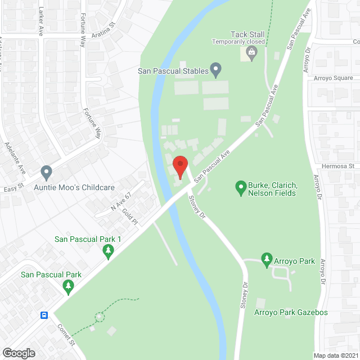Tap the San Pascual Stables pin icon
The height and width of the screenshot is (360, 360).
pos(215,70)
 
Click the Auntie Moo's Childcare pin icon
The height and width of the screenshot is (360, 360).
pos(46,172)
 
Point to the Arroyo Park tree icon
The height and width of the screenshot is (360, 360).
pos(267,259)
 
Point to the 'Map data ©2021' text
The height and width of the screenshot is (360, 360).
pos(335,355)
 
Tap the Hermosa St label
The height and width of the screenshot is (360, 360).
pos(337,166)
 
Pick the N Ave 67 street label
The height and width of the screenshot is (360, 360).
pos(120,204)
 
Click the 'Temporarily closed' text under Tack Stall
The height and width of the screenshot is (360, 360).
pos(239,42)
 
